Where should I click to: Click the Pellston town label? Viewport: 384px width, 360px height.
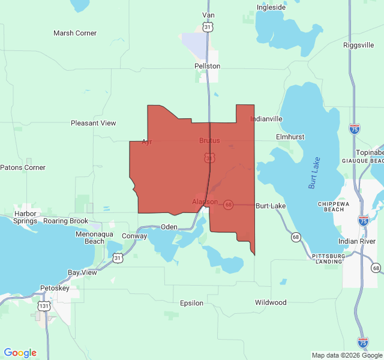click(207, 66)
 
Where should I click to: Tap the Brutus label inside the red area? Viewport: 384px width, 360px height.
click(209, 140)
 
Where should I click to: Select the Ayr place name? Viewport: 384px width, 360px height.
click(146, 142)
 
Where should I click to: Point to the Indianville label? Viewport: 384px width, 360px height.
click(266, 119)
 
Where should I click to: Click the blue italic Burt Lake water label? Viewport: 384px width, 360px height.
click(315, 173)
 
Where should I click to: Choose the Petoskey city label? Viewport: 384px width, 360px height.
click(55, 288)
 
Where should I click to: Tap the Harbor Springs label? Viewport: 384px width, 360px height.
click(25, 217)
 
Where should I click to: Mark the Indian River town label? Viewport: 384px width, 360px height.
click(356, 241)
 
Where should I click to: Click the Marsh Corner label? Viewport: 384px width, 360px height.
click(75, 33)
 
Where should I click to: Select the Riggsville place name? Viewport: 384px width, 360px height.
click(359, 45)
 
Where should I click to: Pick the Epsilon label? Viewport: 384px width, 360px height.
click(191, 303)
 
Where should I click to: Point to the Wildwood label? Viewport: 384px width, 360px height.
click(271, 302)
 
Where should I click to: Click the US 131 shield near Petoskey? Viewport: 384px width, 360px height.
click(43, 306)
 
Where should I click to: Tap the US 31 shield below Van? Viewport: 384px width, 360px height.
click(207, 28)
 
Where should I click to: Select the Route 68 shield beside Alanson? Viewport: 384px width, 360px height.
click(229, 205)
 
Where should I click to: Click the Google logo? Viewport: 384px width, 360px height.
click(20, 353)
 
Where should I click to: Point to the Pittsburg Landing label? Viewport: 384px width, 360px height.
click(329, 259)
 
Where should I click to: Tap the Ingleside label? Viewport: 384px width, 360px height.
click(271, 7)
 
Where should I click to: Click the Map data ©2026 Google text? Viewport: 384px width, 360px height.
click(346, 355)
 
